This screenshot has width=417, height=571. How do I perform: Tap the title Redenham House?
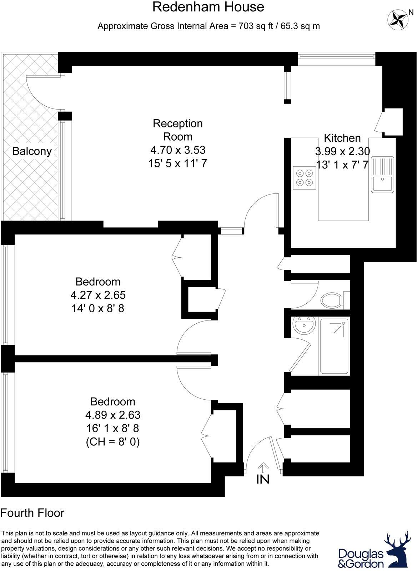coord(208,7)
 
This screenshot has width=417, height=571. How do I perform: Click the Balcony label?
coord(32,151)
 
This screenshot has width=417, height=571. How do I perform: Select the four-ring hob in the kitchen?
coord(305,178)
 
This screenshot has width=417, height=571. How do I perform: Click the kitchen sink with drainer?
coord(382,175)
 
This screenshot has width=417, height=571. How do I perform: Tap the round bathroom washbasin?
coord(304,325)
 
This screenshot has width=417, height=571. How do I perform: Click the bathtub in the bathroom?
coord(334,346)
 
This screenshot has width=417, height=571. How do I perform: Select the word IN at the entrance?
coord(263,479)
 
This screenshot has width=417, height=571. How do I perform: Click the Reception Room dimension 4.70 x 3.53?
coord(178,150)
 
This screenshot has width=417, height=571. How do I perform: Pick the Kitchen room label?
coord(342,138)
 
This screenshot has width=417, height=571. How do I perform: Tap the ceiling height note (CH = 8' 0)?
coord(113,442)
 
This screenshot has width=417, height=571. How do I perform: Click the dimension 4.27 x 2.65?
coord(98,295)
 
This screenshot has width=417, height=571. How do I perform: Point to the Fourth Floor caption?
coord(32,513)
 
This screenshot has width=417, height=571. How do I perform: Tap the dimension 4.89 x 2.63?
coord(113,415)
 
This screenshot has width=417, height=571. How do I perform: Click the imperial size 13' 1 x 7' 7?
coord(342,165)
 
